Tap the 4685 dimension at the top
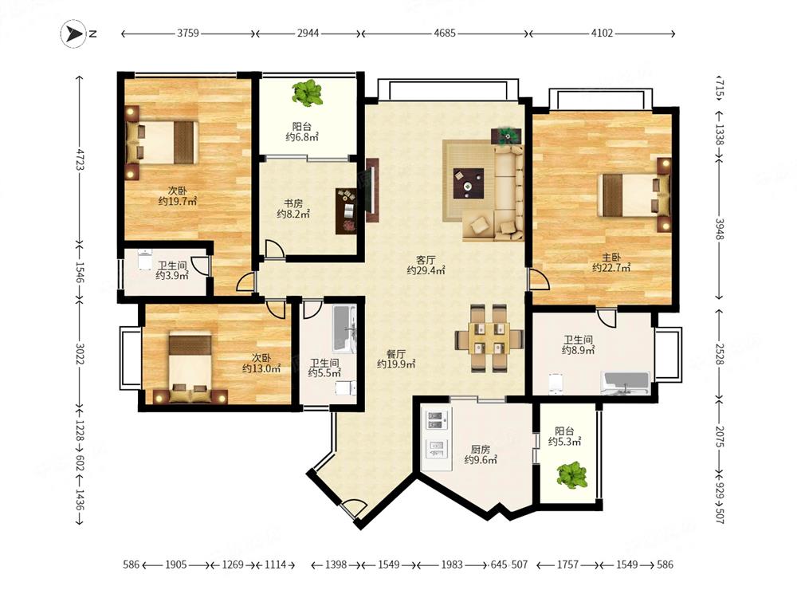(445, 33)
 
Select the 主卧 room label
(611, 258)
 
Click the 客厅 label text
(426, 260)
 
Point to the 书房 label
(293, 203)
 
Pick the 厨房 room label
(481, 450)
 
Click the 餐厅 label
(396, 353)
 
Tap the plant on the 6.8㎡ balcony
(308, 93)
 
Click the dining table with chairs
(489, 337)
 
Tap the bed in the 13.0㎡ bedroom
(190, 367)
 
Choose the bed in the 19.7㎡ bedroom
(162, 143)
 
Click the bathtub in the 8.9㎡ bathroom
(625, 384)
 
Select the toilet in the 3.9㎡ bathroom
(145, 259)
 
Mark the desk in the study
(347, 211)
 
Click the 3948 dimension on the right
(720, 230)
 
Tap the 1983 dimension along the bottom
(452, 565)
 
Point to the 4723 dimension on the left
(79, 159)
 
